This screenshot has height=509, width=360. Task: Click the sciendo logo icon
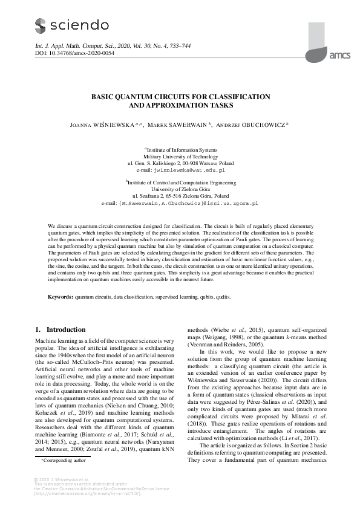tap(41, 25)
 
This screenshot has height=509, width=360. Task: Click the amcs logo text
tap(339, 55)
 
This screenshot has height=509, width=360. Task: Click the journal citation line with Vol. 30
tap(103, 46)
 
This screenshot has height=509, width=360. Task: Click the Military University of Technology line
tap(180, 156)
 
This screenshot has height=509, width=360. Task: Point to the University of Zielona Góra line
tap(180, 189)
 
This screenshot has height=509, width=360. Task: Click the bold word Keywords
tap(60, 297)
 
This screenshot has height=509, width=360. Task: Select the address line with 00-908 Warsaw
tap(180, 163)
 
